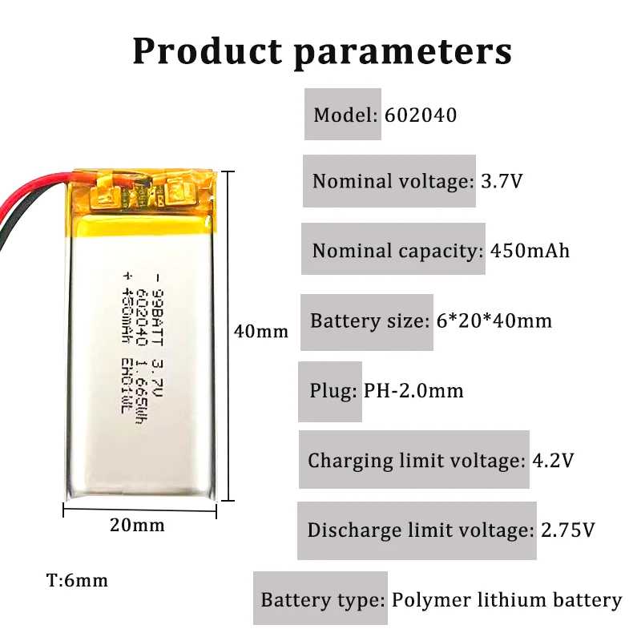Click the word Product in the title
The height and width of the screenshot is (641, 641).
coord(208,51)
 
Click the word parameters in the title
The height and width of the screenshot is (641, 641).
coord(403,54)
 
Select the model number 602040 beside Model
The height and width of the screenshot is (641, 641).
coord(421,115)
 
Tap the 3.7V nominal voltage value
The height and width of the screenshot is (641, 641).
coord(502,181)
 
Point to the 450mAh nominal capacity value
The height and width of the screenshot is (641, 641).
coord(530,250)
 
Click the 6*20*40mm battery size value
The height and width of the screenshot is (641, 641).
coord(494,320)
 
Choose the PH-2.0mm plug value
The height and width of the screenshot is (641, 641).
coord(413,390)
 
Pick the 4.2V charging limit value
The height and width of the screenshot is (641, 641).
coord(553,460)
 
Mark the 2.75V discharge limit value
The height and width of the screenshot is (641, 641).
coord(568,530)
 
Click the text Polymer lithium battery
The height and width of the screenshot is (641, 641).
coord(507,600)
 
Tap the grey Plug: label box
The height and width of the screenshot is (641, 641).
coord(330,391)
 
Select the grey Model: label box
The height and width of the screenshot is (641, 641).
coord(343,114)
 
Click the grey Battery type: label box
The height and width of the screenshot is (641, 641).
coord(320,598)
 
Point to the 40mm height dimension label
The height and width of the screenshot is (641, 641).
coord(261,331)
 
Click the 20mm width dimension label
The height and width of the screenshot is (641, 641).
coord(137,526)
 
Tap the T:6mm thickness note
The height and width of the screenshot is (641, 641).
coord(77,580)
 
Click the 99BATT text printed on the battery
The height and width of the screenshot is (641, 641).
coord(157,317)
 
